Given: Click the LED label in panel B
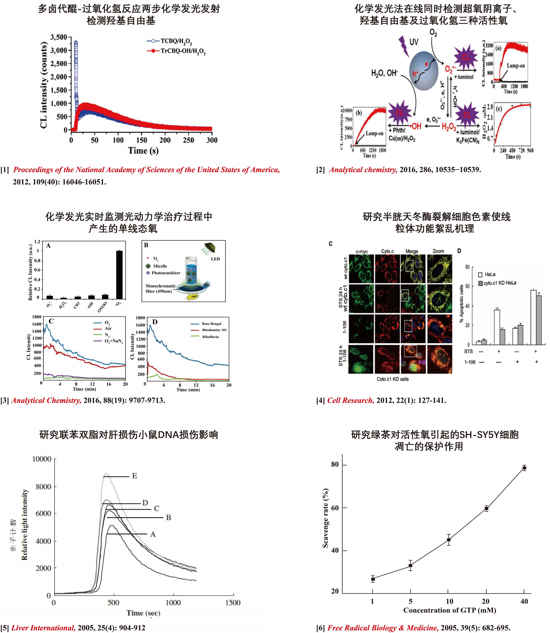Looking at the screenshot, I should click(215, 259).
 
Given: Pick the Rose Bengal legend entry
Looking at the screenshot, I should click(211, 324).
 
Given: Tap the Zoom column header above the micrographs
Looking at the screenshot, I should click(438, 251).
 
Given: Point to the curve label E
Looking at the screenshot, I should click(134, 476).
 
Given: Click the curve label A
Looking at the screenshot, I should click(153, 534).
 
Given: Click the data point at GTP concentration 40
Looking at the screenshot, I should click(524, 468).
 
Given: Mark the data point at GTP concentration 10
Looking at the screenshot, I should click(448, 540).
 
